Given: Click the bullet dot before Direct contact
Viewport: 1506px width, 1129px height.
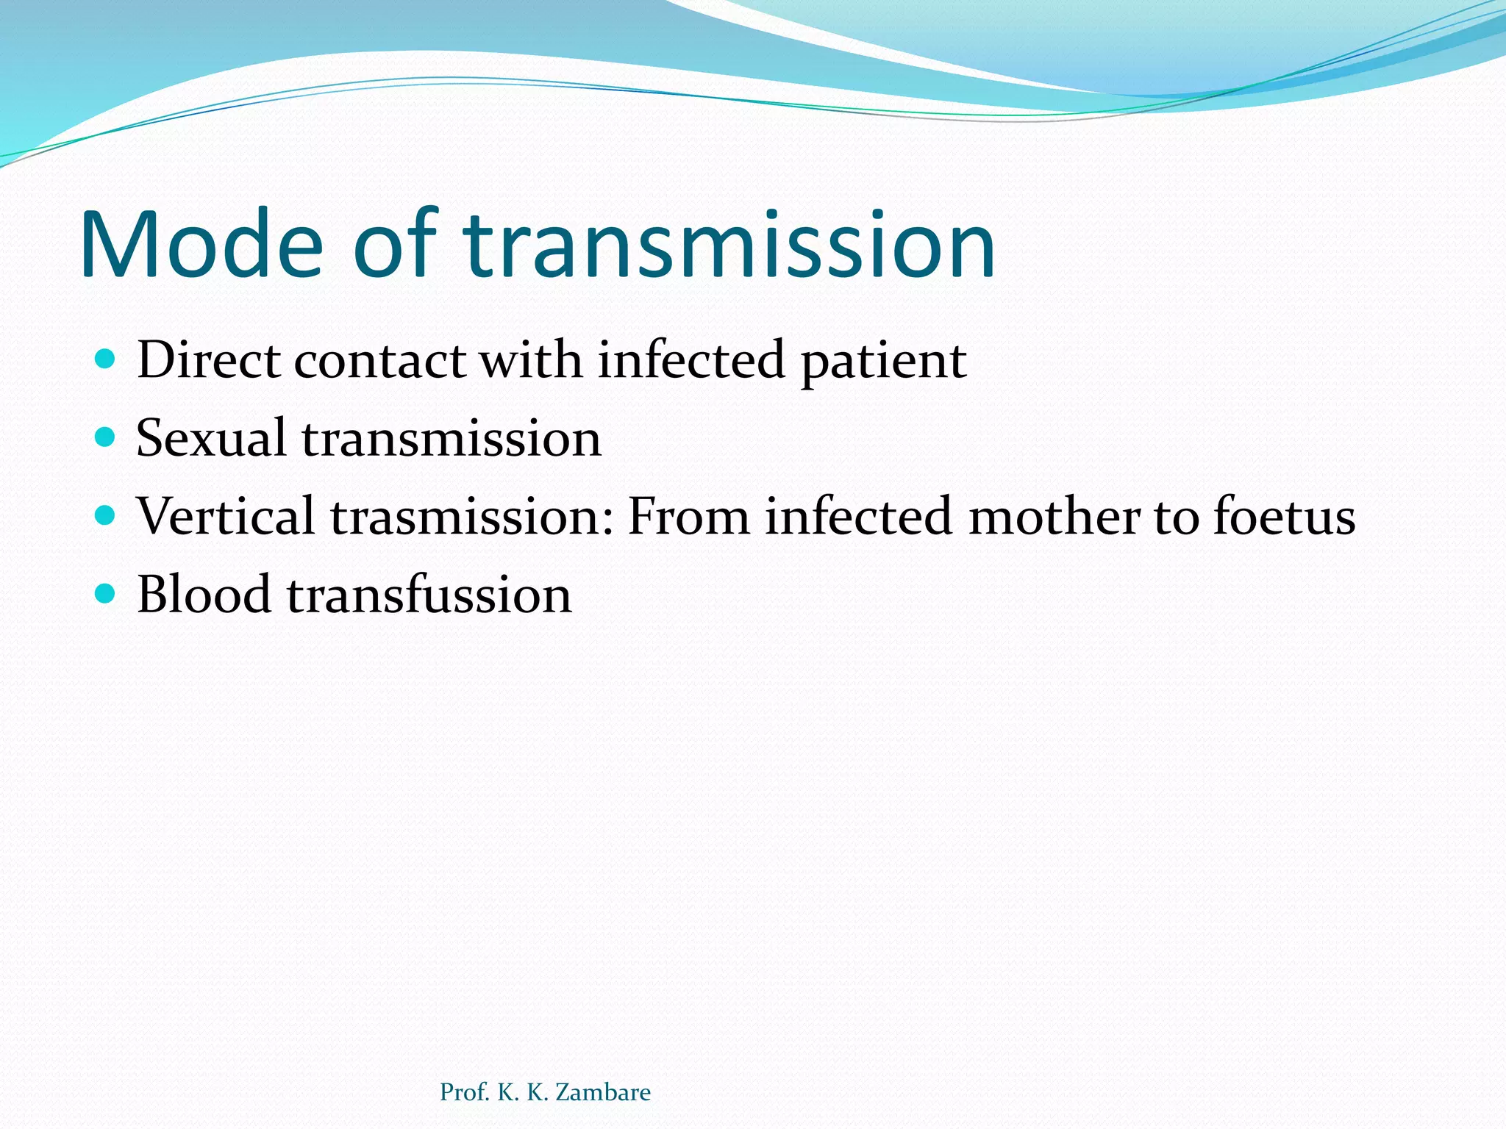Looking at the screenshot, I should [x=106, y=359].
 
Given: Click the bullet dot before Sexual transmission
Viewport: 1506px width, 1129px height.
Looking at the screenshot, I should [x=106, y=437].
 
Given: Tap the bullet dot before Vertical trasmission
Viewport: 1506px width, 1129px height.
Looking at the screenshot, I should [x=106, y=515].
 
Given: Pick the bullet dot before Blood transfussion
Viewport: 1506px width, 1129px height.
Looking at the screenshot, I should [x=106, y=593].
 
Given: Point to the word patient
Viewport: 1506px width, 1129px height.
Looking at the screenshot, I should [x=883, y=362].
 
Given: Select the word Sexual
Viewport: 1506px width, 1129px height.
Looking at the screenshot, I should [x=211, y=438].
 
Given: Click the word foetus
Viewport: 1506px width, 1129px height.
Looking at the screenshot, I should [x=1284, y=516].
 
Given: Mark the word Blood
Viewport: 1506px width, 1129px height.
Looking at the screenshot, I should [x=204, y=594].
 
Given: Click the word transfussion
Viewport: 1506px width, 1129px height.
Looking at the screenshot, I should [x=429, y=594].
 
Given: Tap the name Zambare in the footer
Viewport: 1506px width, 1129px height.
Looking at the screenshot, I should [x=603, y=1092].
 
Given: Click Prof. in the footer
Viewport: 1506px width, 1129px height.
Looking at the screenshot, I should [x=464, y=1092].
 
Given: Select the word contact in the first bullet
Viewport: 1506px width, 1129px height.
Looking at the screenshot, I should [x=379, y=361].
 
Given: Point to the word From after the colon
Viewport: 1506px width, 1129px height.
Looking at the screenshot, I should [x=688, y=516].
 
